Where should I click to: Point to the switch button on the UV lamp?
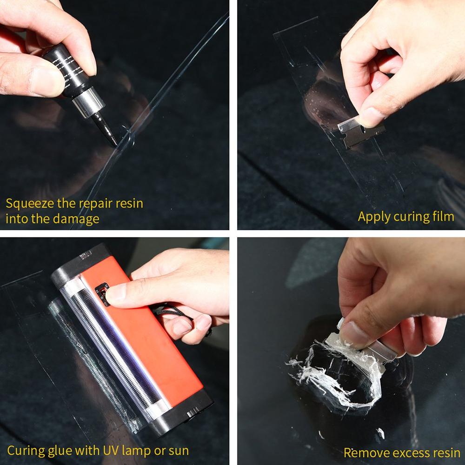click(101, 294)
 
